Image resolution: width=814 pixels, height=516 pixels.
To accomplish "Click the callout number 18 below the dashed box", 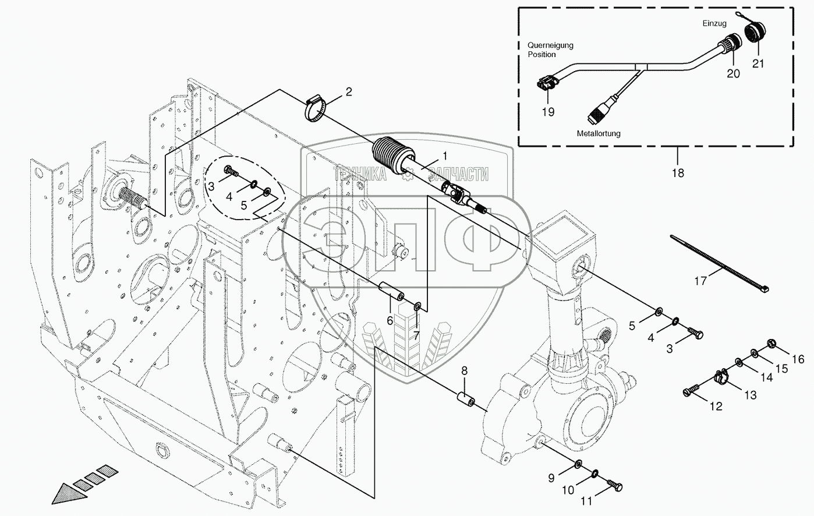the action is pos(678,173).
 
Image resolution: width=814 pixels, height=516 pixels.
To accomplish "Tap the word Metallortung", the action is pos(599,133).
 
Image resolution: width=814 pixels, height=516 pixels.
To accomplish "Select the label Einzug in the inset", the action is pos(714,23).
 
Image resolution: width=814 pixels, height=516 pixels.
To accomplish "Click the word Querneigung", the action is pos(551,45).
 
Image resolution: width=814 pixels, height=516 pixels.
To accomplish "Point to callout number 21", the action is pos(758,63).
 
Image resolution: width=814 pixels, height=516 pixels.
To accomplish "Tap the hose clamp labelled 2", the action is pos(314,109).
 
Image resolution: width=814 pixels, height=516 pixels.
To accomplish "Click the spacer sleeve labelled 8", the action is pos(466,398).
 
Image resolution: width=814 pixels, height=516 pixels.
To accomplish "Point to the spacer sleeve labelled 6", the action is pos(391,291).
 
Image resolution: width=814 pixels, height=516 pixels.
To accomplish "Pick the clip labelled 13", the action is pos(721,377).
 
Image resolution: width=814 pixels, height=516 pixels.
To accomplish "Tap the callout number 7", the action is pos(416,335).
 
